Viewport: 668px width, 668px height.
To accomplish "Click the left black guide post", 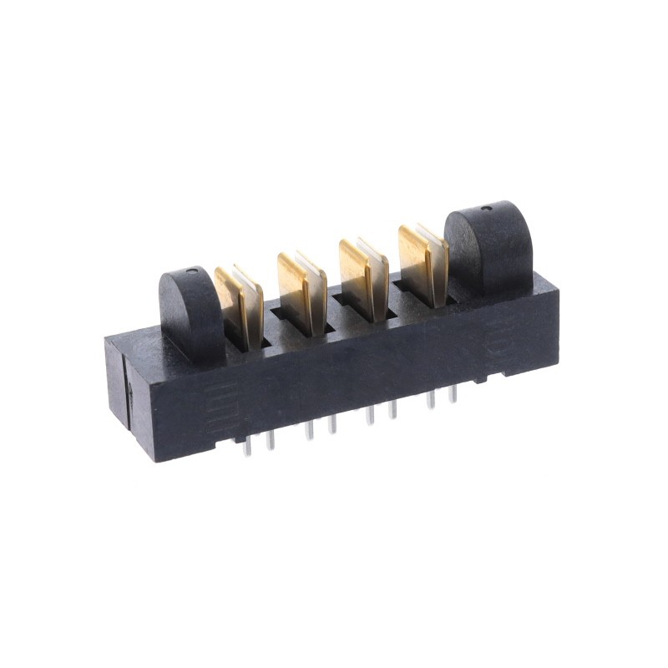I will point(190,309).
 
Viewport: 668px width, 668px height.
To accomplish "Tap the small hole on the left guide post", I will point(193,271).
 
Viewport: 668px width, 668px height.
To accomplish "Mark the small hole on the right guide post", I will point(486,206).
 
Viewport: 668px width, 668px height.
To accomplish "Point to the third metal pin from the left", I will point(309,430).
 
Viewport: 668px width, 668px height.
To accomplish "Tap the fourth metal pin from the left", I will point(331,424).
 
